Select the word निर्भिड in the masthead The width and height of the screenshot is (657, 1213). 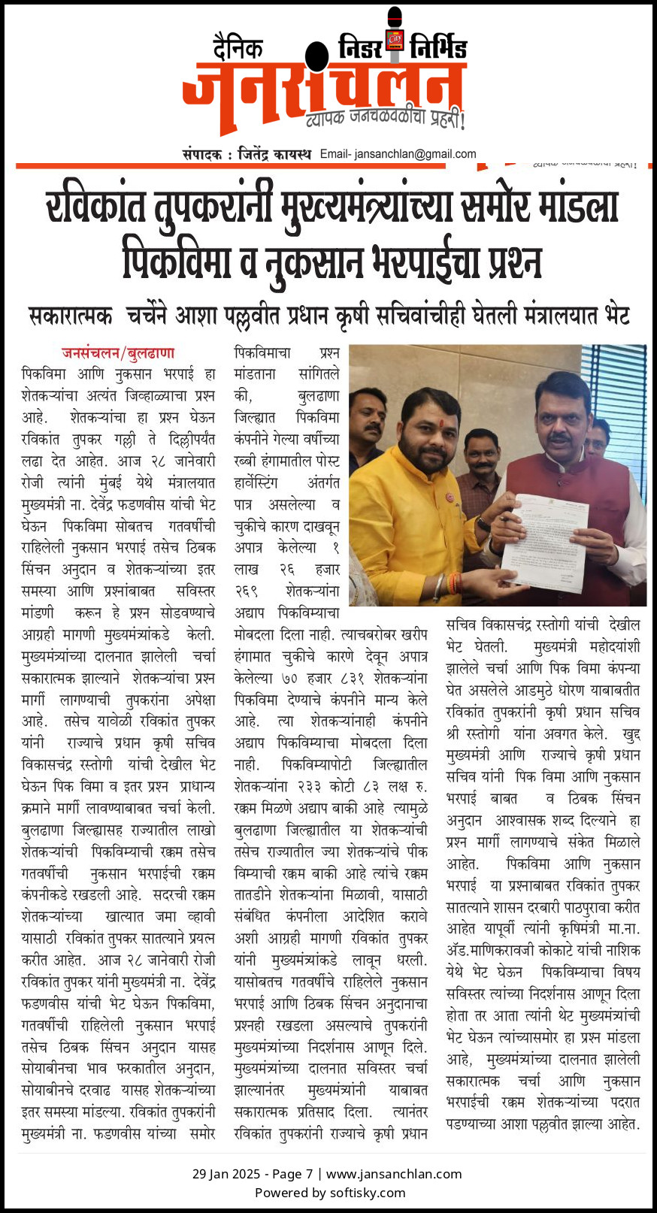(x=438, y=48)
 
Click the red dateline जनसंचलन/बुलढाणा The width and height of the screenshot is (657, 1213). (x=118, y=352)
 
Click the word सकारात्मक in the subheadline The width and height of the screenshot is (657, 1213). (x=71, y=316)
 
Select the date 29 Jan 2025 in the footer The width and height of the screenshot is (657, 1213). (x=226, y=1174)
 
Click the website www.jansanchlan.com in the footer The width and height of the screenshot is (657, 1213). (x=394, y=1174)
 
